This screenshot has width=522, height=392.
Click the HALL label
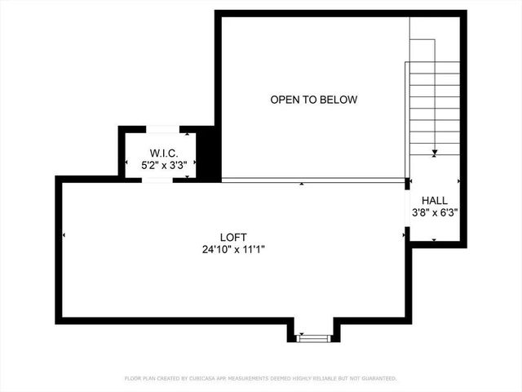click(x=434, y=200)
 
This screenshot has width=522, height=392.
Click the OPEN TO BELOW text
click(x=314, y=100)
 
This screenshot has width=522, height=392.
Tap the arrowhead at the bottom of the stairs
click(x=435, y=153)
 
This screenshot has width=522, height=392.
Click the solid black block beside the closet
click(x=207, y=154)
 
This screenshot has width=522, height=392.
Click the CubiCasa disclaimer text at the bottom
click(x=261, y=378)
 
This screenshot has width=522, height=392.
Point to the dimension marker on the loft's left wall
click(x=64, y=235)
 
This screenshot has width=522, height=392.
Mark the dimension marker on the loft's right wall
click(x=404, y=235)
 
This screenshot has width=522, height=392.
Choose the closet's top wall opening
click(x=161, y=129)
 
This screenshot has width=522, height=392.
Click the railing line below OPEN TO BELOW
click(x=314, y=179)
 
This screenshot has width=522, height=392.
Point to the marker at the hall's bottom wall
click(x=434, y=240)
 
